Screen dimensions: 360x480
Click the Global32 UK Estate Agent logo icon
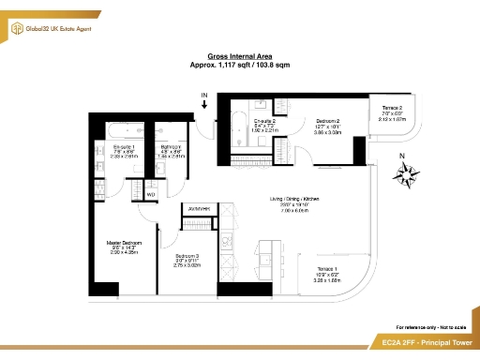(16, 30)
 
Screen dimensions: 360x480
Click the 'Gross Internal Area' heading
(239, 57)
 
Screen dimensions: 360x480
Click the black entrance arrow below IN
(205, 105)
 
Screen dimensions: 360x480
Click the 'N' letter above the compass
(402, 155)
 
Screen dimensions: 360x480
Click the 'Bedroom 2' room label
(327, 121)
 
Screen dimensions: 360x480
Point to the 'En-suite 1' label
(123, 147)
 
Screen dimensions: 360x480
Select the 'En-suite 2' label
(265, 121)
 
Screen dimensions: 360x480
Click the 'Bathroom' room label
(171, 147)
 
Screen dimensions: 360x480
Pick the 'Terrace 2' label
(392, 109)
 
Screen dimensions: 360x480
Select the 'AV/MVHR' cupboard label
(199, 208)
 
